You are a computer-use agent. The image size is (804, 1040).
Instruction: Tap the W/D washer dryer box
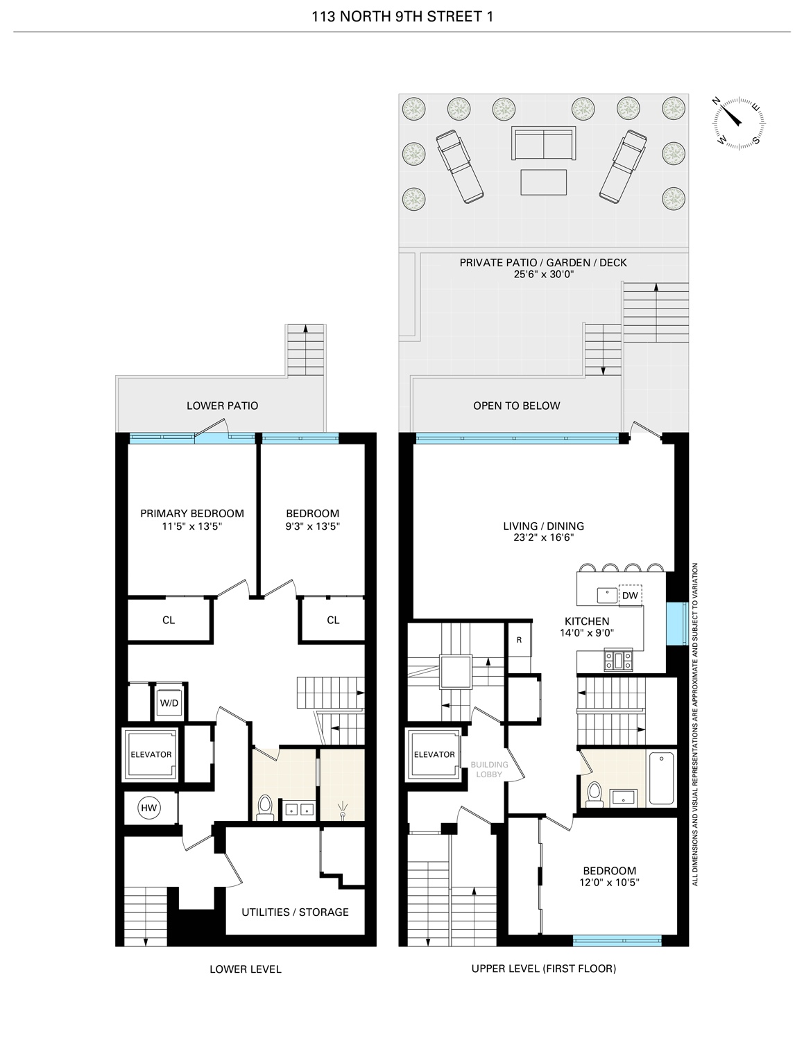coord(169,703)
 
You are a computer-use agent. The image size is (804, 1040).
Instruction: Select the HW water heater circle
coord(148,808)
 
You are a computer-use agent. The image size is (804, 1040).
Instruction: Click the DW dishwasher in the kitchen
coord(630,596)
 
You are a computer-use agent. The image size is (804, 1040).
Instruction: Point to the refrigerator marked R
coord(519,641)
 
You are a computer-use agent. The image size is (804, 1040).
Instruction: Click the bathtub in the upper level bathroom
coord(661,779)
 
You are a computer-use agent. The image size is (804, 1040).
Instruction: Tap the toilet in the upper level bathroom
coord(595,794)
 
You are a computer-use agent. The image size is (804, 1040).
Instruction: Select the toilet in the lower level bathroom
coord(264,806)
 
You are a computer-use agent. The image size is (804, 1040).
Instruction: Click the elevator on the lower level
coord(151,754)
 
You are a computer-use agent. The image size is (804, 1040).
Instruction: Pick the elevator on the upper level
coord(434,754)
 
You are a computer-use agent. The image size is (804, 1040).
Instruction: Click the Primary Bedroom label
coord(192,514)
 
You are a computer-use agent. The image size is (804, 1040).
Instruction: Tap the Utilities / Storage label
coord(295,912)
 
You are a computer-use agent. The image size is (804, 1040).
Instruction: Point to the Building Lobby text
coord(489,769)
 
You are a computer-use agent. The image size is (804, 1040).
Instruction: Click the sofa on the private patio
coord(543,144)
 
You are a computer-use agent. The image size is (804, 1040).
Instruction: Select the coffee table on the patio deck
coord(543,182)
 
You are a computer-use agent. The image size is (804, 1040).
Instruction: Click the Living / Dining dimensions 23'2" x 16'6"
coord(543,537)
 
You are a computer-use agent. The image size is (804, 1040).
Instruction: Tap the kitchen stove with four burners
coord(617,659)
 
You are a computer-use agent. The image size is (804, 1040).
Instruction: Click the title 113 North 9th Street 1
coord(402,17)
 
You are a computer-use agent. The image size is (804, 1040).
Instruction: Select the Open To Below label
coord(516,406)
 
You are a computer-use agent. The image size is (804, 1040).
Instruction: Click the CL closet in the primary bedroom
coord(169,620)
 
